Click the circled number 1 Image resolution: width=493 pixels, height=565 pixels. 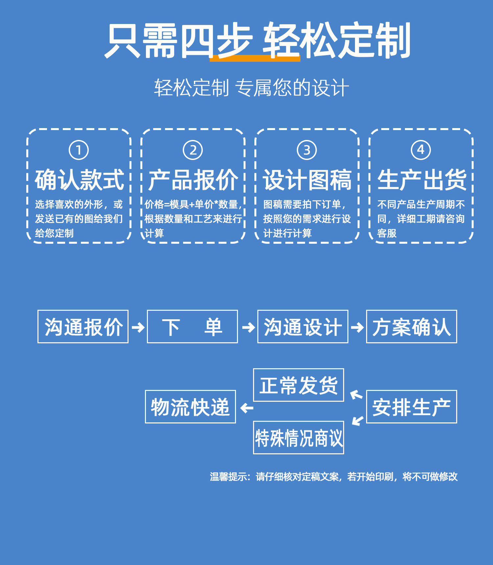(79, 150)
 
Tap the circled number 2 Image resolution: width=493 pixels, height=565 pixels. (193, 150)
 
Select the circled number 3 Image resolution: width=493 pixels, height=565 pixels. (307, 150)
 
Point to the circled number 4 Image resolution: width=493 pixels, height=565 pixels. (421, 150)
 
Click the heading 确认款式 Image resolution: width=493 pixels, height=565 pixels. (79, 180)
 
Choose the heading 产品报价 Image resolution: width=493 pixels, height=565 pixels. (193, 180)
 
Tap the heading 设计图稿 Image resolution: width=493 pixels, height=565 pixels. (307, 180)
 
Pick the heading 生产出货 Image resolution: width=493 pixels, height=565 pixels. (422, 180)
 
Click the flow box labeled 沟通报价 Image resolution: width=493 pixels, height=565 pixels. (83, 327)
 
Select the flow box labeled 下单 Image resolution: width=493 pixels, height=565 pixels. (192, 327)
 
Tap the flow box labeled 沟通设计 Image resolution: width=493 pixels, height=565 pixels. (303, 327)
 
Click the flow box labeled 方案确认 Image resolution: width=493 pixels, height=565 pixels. (411, 327)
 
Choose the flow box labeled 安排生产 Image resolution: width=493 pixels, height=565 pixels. (411, 407)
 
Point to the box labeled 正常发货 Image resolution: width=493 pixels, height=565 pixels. (298, 385)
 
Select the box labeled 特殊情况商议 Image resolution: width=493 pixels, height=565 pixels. (298, 438)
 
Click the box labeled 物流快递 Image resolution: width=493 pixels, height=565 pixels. (190, 407)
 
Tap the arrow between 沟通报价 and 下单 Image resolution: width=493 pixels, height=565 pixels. (138, 327)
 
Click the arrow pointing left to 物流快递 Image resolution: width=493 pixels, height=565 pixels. (246, 408)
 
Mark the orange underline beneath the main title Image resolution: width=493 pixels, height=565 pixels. (255, 58)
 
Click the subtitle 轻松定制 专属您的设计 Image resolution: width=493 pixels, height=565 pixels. (251, 88)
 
